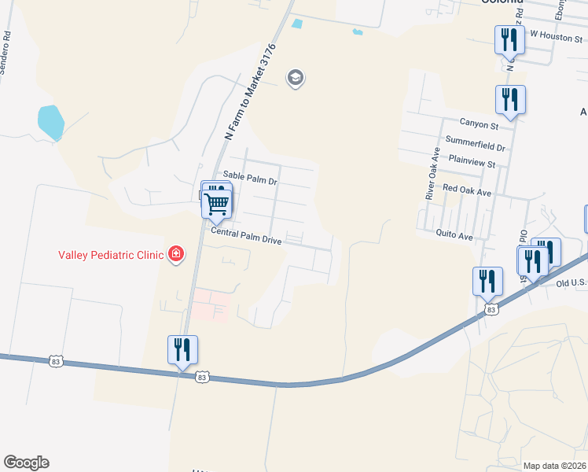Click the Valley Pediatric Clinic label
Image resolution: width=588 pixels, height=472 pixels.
tap(110, 254)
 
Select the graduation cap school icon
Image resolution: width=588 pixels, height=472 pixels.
tap(296, 78)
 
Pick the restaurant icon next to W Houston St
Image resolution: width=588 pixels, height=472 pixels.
tap(509, 39)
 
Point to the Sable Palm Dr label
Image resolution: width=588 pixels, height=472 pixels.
tap(251, 181)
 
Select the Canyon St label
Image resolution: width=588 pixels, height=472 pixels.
tap(480, 124)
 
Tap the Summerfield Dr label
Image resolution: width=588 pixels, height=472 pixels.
tap(475, 146)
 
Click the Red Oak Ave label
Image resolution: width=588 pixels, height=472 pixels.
tap(466, 190)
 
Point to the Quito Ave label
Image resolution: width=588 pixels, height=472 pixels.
tap(455, 234)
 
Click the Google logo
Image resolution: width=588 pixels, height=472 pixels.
tap(26, 463)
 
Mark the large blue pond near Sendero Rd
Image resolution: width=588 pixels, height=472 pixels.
tap(50, 122)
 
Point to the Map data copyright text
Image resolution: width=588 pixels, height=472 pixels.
tap(554, 466)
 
